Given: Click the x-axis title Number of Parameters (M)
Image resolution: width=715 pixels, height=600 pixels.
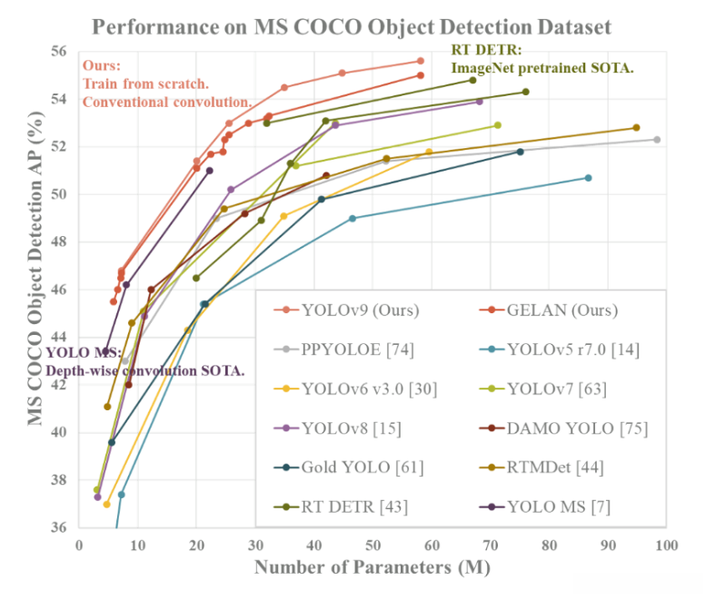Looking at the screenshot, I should point(372,568).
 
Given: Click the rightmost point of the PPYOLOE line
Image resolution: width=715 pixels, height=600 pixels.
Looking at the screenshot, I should point(657,140).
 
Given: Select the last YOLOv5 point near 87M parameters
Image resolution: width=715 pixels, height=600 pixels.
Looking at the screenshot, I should point(588,178).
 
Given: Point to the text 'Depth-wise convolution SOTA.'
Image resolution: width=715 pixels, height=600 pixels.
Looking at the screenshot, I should point(145,370).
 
